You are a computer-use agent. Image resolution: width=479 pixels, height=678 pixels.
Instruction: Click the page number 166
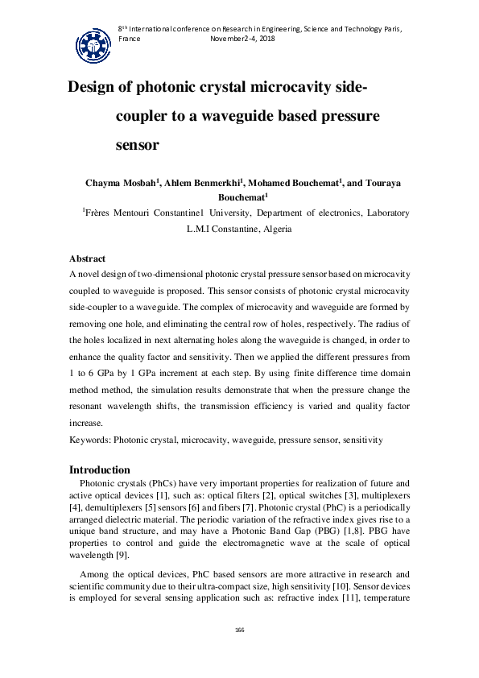click(x=239, y=629)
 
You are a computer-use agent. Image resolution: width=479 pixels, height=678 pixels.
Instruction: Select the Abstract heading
click(x=87, y=258)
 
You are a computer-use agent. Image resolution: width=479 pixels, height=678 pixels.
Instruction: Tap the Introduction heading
click(x=100, y=469)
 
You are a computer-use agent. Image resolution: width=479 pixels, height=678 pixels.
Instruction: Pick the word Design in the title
click(x=95, y=87)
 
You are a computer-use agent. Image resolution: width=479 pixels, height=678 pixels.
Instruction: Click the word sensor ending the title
click(x=138, y=146)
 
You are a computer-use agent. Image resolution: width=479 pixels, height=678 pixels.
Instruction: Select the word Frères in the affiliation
click(x=101, y=213)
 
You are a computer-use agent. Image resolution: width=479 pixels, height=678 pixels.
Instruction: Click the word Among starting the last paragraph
click(x=95, y=574)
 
